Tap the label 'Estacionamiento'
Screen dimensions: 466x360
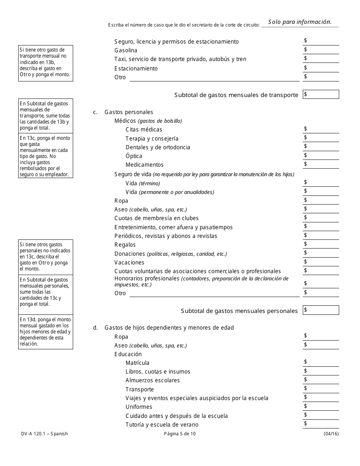(x=136, y=69)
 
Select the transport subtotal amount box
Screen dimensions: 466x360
(x=321, y=95)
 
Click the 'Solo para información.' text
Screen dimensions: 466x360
(x=300, y=22)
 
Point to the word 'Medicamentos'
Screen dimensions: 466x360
(x=144, y=165)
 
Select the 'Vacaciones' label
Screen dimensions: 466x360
(x=129, y=263)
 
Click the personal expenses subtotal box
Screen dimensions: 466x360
(x=321, y=310)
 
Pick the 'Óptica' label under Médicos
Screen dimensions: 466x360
(x=134, y=156)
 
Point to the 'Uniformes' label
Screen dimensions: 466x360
(x=139, y=407)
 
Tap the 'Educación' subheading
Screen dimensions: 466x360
(x=128, y=354)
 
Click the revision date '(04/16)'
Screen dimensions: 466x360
(x=331, y=434)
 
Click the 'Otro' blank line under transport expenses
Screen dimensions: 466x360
(x=214, y=78)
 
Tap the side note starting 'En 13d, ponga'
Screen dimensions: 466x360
(x=45, y=332)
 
